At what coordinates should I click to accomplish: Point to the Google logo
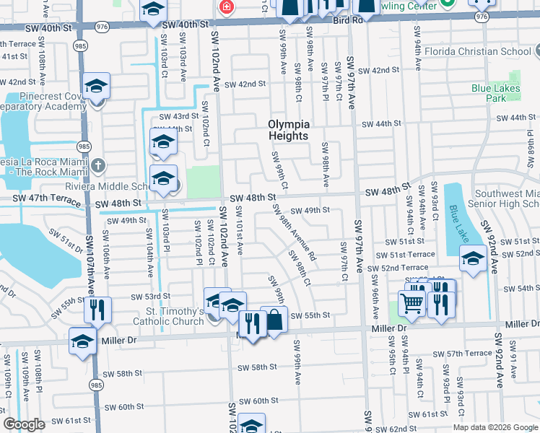tap(24, 425)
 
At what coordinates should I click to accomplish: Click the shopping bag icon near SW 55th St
tap(274, 319)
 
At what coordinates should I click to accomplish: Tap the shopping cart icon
tap(411, 305)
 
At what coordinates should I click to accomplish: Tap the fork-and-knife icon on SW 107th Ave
tap(97, 310)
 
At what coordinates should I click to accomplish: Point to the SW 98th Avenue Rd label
tap(294, 232)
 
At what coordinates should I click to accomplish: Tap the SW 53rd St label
tap(150, 296)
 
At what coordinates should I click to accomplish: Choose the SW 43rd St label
tap(178, 116)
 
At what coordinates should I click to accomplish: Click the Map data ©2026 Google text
tap(495, 427)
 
